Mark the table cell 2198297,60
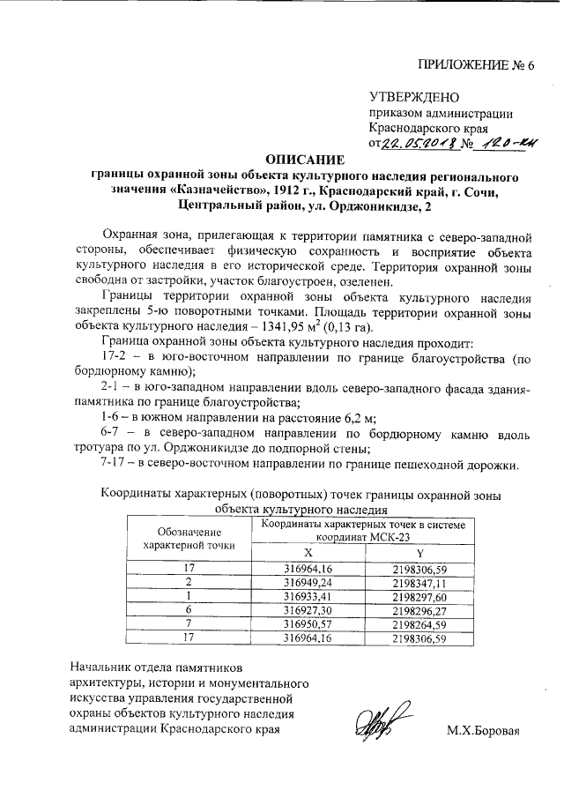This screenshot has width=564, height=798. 419,596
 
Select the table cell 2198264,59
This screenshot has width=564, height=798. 419,623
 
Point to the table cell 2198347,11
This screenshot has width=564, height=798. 419,582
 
